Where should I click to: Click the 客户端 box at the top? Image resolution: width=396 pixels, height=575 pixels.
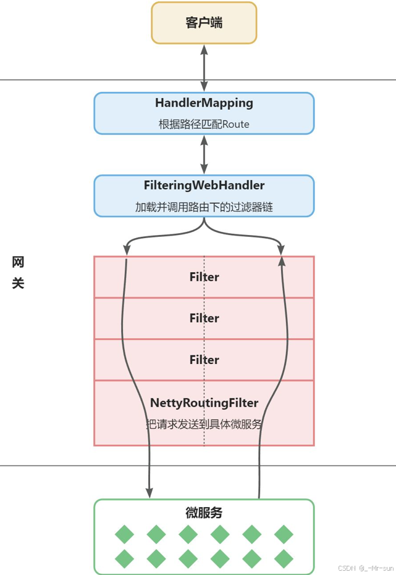(x=204, y=23)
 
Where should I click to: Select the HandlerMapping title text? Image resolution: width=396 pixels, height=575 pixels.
(x=204, y=103)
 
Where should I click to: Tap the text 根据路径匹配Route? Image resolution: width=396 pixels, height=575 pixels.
(x=204, y=124)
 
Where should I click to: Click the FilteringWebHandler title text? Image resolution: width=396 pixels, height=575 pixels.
(x=204, y=185)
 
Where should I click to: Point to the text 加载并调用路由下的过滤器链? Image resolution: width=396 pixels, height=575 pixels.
(x=204, y=207)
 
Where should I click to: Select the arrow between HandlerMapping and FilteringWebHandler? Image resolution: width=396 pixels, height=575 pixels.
(x=204, y=154)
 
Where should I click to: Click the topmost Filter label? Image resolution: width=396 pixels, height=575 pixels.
(x=204, y=277)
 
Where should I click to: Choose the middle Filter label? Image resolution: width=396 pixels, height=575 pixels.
(x=204, y=318)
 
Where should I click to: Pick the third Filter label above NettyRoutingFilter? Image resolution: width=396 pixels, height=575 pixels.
(x=204, y=360)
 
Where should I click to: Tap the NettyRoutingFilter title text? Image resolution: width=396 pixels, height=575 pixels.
(x=204, y=403)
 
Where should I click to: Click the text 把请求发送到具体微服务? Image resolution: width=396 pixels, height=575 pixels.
(x=204, y=424)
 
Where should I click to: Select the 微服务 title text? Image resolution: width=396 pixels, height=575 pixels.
(x=204, y=513)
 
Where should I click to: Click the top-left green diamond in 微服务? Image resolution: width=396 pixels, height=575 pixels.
(x=124, y=534)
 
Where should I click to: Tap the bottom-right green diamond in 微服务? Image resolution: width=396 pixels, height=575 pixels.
(x=283, y=558)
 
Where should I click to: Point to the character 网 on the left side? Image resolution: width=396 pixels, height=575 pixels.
(x=18, y=262)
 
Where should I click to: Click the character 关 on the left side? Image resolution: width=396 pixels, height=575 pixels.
(x=18, y=284)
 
